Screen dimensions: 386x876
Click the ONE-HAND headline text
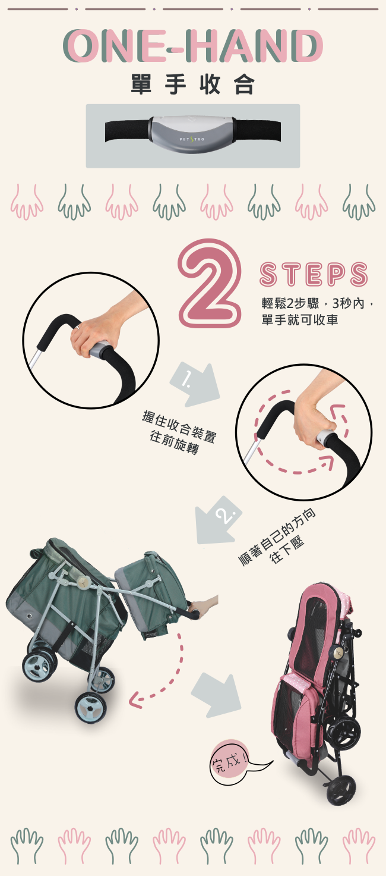[x=193, y=46]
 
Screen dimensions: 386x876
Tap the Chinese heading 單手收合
[x=192, y=84]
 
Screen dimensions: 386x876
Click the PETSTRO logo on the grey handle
[x=191, y=139]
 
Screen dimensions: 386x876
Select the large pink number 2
[x=210, y=284]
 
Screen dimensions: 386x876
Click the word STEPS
[x=314, y=274]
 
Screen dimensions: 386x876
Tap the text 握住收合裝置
[x=179, y=426]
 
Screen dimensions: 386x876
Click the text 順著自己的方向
[x=277, y=537]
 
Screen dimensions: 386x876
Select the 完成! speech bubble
[x=230, y=762]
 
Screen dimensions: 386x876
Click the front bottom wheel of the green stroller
[x=91, y=708]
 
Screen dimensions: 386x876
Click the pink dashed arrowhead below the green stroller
[x=134, y=698]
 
